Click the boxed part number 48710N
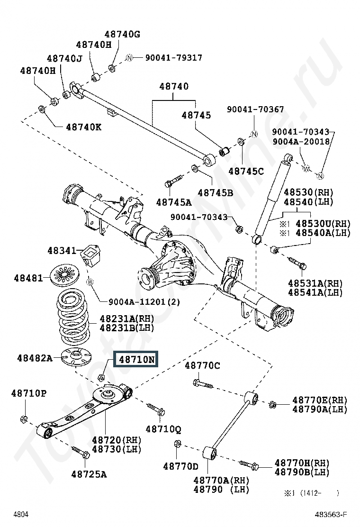click(x=136, y=359)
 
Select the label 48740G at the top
click(x=122, y=34)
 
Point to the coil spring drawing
click(x=74, y=317)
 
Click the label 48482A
click(x=35, y=358)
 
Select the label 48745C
click(x=246, y=171)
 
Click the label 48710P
click(x=29, y=393)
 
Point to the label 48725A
click(x=89, y=473)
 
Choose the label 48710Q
click(x=163, y=429)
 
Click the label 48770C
click(x=202, y=365)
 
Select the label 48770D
click(x=180, y=466)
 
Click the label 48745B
click(x=216, y=193)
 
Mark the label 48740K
click(x=83, y=127)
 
